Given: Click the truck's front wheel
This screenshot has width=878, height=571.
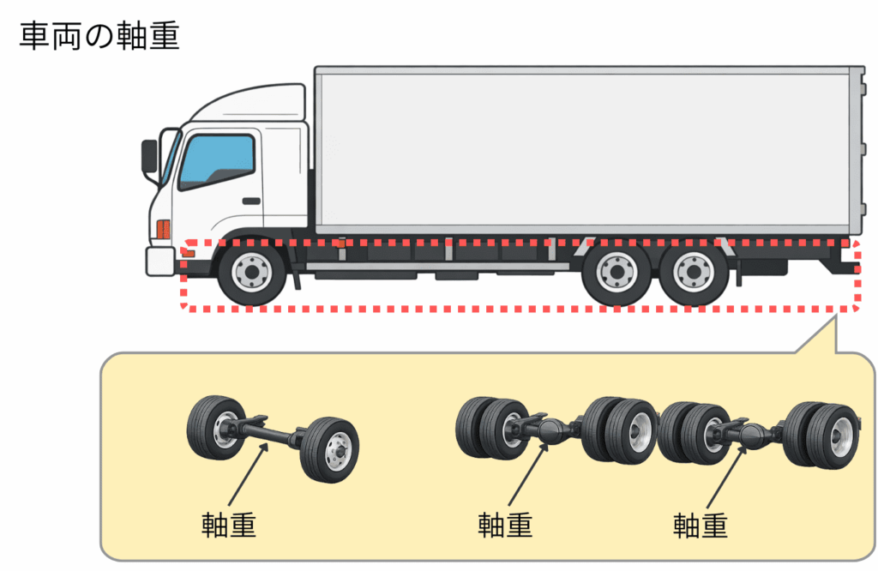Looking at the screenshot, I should tap(251, 273).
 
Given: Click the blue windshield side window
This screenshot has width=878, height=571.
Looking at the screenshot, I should tap(216, 161).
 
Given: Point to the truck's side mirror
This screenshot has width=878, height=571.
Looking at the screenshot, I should tap(150, 156).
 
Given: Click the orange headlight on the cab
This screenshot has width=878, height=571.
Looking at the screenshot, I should tap(163, 230).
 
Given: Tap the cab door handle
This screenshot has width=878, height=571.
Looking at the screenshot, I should tap(250, 201).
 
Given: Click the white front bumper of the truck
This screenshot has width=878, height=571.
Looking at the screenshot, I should tap(160, 261).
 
